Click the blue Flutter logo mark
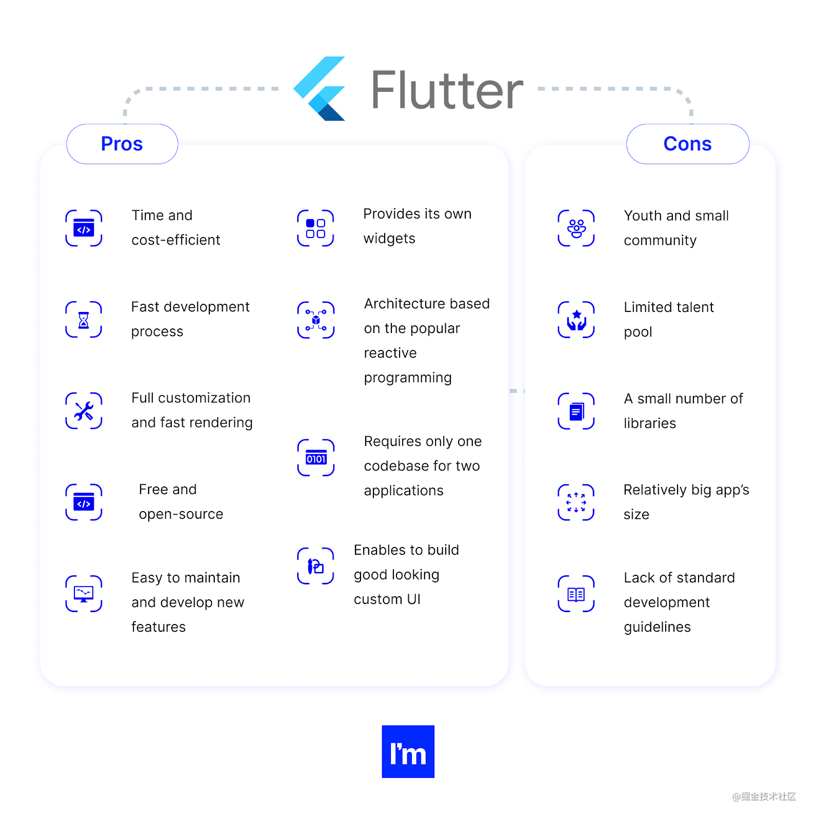coord(320,89)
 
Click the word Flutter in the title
coord(447,90)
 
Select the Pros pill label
coord(122,144)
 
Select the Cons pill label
coord(687,144)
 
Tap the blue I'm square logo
coord(408,751)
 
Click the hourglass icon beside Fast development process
coord(84,320)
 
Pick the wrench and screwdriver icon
coord(84,411)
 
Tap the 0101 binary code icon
coord(316,458)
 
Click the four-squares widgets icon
coord(315,228)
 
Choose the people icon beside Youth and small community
coord(576,228)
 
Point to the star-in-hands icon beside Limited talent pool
coord(576,320)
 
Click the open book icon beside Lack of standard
coord(576,594)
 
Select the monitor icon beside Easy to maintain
coord(84,594)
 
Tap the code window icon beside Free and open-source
coord(84,502)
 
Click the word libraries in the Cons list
coord(650,423)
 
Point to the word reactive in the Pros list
coord(390,353)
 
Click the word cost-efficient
coord(176,240)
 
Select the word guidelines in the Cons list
coord(658,627)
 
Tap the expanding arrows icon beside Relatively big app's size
coord(576,502)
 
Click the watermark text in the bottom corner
coord(764,796)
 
